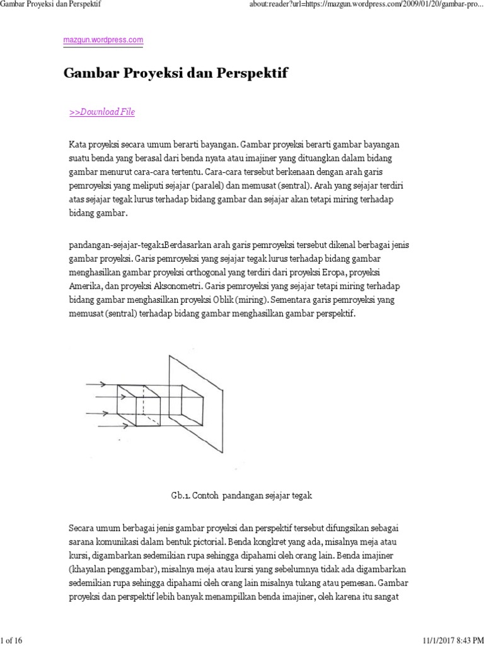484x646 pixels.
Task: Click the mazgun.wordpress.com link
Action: point(103,40)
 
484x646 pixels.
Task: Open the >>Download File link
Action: point(101,112)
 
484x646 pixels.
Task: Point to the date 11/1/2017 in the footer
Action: point(429,640)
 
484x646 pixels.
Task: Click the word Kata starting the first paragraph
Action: point(78,144)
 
